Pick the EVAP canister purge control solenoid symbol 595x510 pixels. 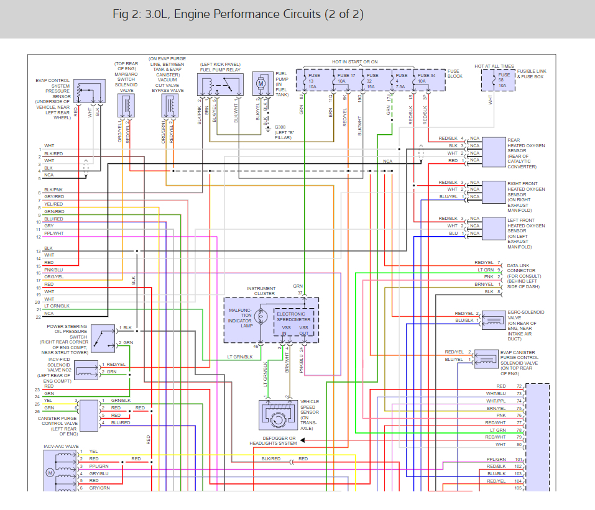click(486, 359)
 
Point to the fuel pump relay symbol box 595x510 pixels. click(220, 86)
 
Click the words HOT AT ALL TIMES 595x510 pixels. click(494, 66)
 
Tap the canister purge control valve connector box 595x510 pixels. click(89, 415)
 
